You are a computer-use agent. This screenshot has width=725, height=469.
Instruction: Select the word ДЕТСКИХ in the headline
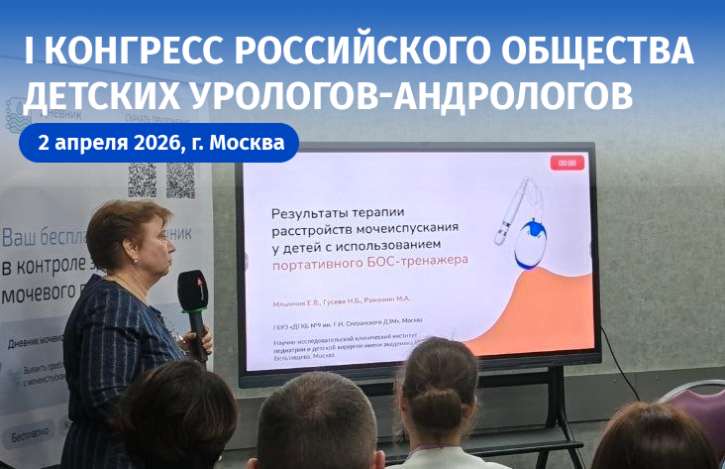coord(110,95)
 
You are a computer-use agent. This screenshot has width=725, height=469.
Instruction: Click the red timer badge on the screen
coord(567,162)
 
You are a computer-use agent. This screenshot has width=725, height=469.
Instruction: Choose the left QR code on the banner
coord(142,179)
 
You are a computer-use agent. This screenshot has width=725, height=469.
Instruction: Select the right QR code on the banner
coord(180,179)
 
